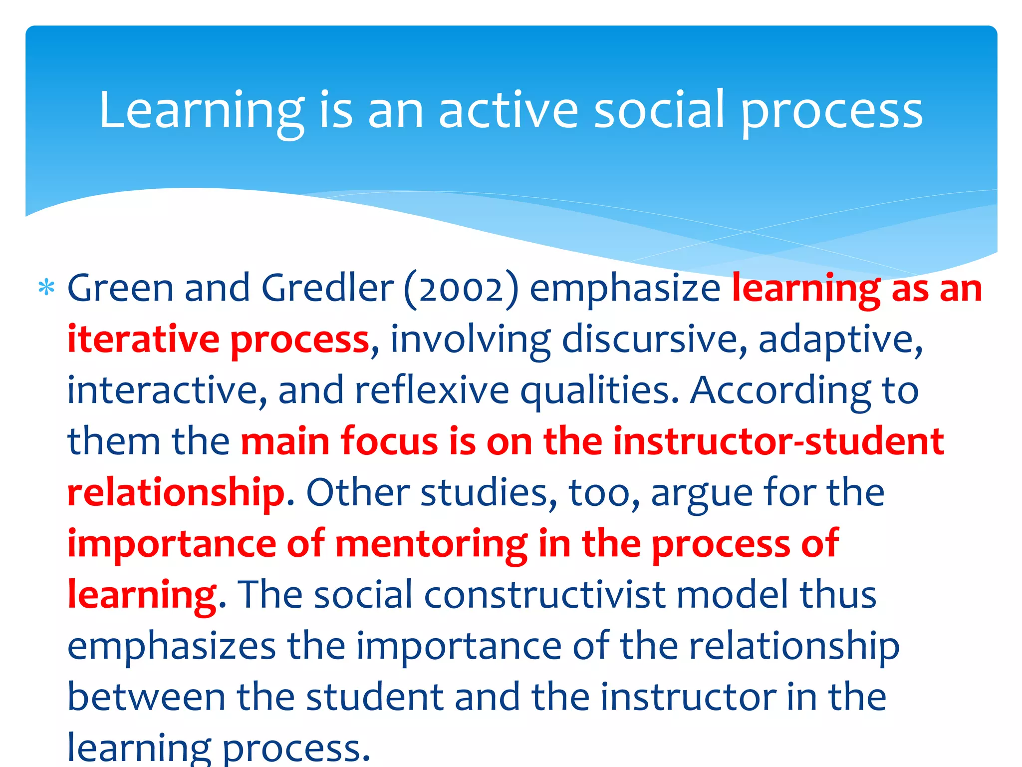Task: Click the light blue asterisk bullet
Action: coord(46,289)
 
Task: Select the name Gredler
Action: coord(327,289)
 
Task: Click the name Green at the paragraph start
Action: coord(120,289)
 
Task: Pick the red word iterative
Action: coord(143,340)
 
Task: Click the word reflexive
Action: coord(432,390)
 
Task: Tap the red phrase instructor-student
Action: coord(778,441)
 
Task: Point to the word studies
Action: coord(489,493)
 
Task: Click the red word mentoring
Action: coord(431,544)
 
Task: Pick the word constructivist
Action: coord(545,595)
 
